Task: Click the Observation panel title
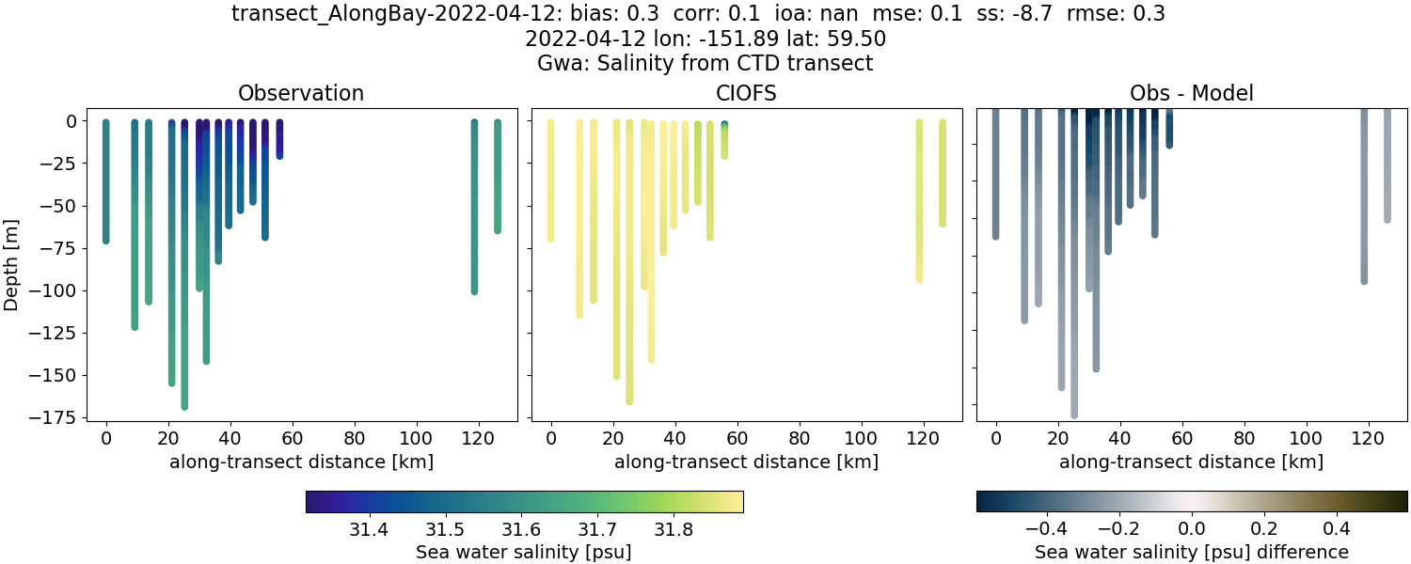coord(301,93)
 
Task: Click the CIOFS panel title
coord(747,93)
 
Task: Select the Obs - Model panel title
coord(1192,93)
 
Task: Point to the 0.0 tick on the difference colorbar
coord(1192,529)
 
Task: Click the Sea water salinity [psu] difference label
coord(1192,552)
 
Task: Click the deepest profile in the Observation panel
coord(184,282)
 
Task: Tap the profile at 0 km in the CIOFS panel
coord(551,179)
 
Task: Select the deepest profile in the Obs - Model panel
coord(1074,282)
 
